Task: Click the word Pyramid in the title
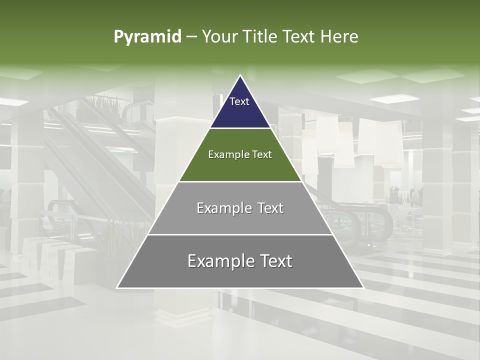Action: point(147,37)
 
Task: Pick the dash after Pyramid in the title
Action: point(191,37)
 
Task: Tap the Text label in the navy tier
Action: point(239,101)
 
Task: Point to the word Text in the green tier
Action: point(261,154)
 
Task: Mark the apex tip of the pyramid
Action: point(240,76)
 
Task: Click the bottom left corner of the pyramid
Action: point(117,287)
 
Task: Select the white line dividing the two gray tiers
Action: point(240,234)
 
